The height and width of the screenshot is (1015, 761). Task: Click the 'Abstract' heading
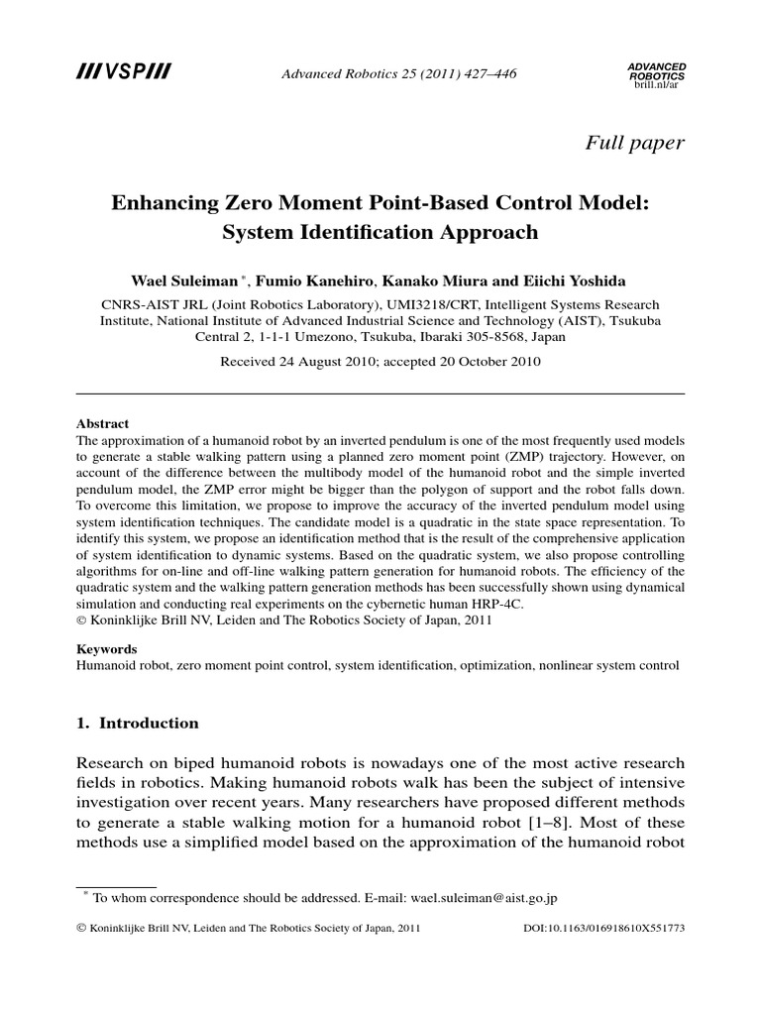tap(103, 423)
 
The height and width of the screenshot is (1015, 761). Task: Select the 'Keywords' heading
tap(107, 649)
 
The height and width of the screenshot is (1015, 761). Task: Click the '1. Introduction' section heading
tap(137, 723)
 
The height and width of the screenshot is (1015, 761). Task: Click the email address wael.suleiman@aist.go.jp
tap(466, 898)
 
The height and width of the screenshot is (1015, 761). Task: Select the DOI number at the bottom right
tap(622, 929)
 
